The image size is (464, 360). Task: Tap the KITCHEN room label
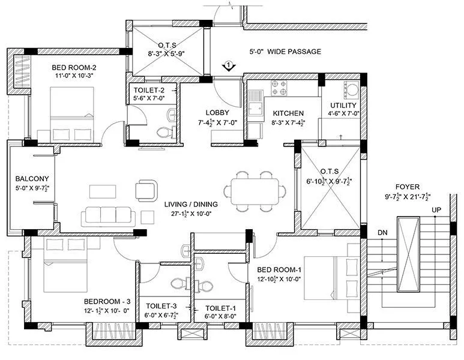click(x=288, y=113)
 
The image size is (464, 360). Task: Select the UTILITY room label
click(x=343, y=105)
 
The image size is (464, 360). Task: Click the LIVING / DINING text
click(x=190, y=204)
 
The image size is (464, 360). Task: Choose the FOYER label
click(x=406, y=187)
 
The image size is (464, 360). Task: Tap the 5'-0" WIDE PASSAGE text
click(x=285, y=52)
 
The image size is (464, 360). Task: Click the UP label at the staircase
click(x=436, y=210)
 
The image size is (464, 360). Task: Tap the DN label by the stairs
click(x=382, y=232)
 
